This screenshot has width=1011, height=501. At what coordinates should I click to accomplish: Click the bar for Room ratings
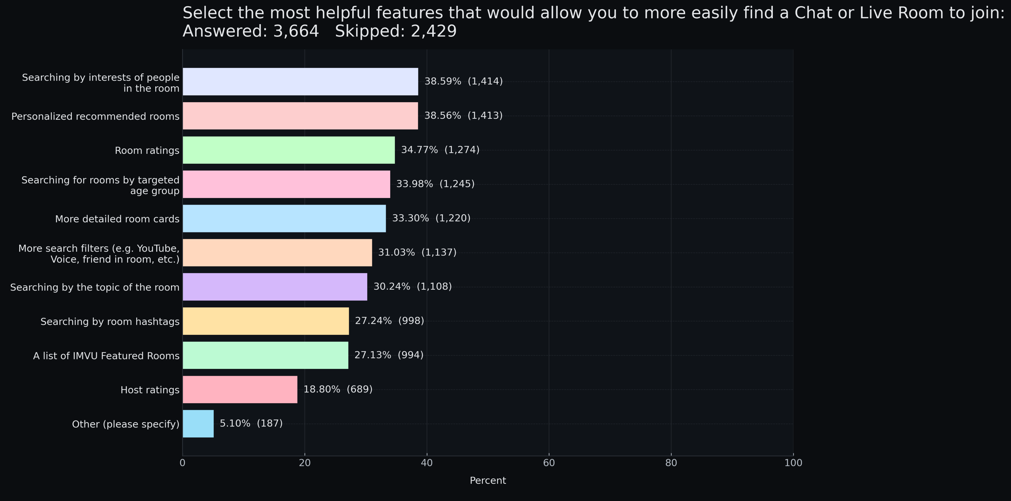tap(288, 150)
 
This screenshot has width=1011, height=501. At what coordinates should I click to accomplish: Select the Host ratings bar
tap(240, 389)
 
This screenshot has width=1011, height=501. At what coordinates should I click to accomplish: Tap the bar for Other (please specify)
tap(198, 424)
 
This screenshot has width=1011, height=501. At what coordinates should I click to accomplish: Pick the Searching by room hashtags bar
tap(266, 321)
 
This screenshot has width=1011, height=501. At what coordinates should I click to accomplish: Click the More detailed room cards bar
tap(284, 218)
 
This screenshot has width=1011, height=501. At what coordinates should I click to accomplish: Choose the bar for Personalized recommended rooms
tap(300, 116)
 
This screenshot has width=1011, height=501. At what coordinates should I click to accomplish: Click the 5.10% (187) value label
tap(251, 423)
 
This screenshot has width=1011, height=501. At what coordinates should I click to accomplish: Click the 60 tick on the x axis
tap(549, 463)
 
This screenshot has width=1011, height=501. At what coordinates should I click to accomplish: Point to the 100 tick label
tap(793, 463)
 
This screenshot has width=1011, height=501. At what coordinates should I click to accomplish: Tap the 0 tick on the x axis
tap(182, 463)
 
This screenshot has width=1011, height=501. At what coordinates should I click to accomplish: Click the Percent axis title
tap(488, 481)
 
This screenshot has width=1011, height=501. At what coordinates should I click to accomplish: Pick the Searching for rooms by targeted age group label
tap(100, 185)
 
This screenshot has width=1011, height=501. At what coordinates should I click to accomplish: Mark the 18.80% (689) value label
tap(338, 389)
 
